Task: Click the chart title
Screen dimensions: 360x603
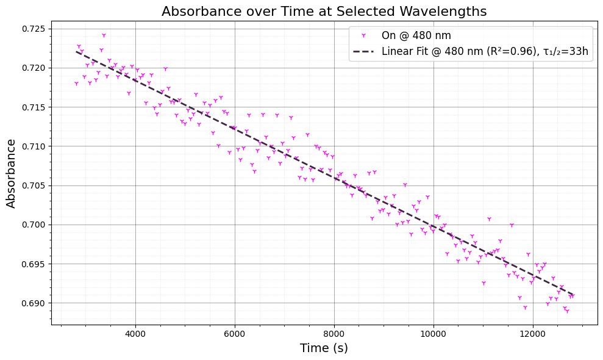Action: point(324,12)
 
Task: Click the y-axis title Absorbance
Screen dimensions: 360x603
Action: point(12,173)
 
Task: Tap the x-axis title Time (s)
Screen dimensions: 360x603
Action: point(324,348)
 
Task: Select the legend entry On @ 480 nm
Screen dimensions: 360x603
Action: point(416,36)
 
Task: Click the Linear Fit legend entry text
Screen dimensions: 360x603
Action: point(485,51)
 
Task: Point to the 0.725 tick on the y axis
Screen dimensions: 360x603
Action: point(33,29)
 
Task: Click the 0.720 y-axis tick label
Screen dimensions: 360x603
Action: point(33,68)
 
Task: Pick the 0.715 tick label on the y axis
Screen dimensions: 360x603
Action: point(33,107)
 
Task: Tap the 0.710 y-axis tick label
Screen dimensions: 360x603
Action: point(33,146)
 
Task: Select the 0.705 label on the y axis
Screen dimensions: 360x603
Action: point(33,185)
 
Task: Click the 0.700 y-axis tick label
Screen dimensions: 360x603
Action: point(33,225)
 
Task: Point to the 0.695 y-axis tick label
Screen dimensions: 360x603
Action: point(33,264)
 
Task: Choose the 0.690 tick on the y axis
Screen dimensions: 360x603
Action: point(33,303)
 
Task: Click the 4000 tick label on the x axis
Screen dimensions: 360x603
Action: point(135,334)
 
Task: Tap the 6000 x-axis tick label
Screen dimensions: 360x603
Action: point(235,334)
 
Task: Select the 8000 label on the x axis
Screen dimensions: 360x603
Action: point(334,334)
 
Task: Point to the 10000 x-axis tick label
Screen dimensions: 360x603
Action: point(434,334)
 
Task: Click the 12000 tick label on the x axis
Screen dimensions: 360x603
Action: point(533,334)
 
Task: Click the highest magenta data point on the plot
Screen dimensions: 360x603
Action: point(104,35)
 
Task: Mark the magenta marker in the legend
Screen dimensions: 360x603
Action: point(364,36)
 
